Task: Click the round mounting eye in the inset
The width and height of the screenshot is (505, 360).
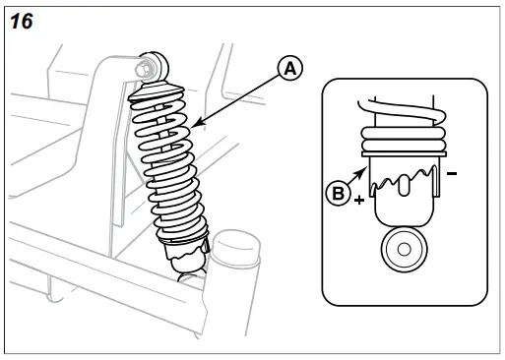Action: click(400, 250)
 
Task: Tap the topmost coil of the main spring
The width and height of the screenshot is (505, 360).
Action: click(163, 93)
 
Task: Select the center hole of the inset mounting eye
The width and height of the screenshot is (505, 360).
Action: click(400, 250)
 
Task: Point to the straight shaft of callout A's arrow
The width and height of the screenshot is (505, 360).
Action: click(241, 98)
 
